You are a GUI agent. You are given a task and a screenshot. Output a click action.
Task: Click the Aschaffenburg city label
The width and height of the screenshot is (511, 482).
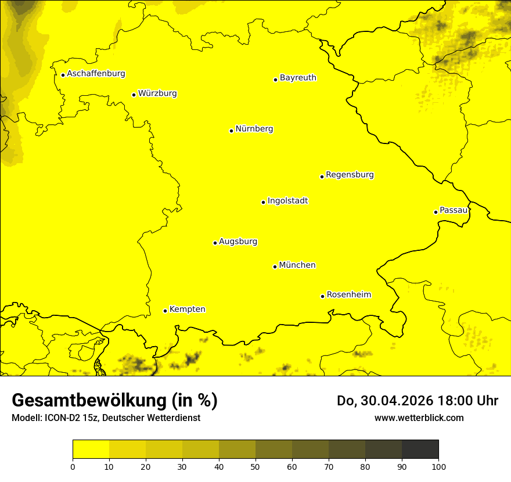pos(96,74)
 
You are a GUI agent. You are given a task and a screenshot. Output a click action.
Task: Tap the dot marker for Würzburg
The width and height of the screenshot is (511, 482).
pos(134,95)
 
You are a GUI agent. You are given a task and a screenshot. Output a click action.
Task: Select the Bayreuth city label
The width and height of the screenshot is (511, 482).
pos(298,78)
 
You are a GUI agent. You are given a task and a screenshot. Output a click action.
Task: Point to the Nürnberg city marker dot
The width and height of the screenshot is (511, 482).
pos(231,131)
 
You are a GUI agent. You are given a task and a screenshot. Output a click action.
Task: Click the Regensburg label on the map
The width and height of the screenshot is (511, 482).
pos(350,175)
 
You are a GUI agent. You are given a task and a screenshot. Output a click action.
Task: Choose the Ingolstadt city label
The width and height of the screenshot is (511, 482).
pos(287,201)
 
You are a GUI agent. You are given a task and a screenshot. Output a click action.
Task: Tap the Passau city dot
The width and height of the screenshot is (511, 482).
pos(436,212)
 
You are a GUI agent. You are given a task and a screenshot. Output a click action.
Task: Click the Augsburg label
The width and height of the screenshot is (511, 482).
pos(238,242)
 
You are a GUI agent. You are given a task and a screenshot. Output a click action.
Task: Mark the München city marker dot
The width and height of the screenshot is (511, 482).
pos(275,267)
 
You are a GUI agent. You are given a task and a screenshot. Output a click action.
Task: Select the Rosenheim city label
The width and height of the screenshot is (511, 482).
pos(348,295)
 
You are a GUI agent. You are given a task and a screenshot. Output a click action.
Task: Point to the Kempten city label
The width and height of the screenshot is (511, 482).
pos(187,310)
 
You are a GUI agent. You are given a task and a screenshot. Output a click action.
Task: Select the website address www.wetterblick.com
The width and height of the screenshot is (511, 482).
pos(419,418)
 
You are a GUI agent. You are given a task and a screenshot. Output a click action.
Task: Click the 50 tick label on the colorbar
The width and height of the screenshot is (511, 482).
pos(255,466)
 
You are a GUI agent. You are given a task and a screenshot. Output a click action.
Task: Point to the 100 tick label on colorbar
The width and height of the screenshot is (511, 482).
pos(438,466)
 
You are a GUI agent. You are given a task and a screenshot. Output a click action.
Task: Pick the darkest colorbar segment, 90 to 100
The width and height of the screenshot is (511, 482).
pos(420,449)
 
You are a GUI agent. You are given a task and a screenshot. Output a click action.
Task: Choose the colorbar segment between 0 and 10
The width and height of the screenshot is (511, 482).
pos(91,449)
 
